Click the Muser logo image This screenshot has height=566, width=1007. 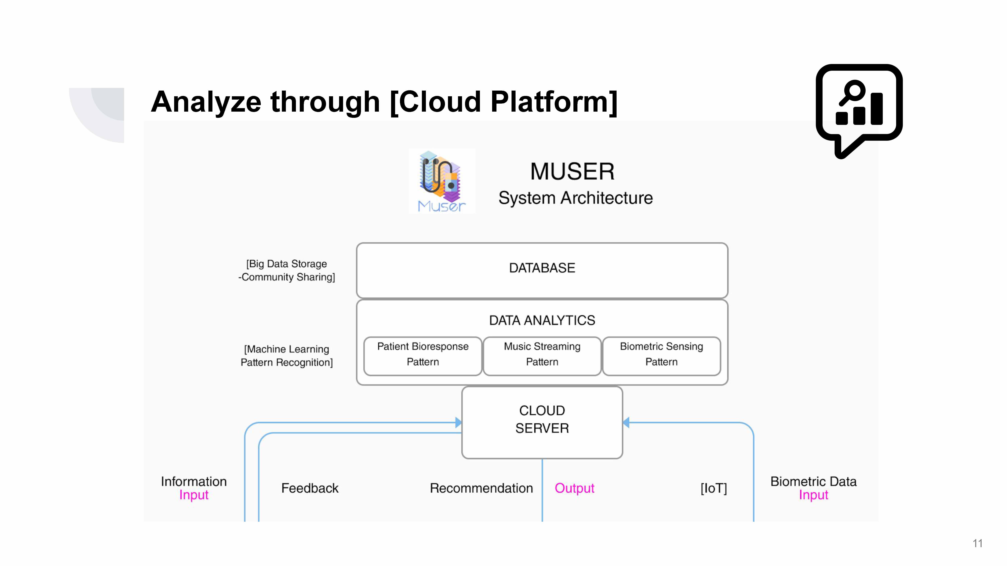click(x=442, y=181)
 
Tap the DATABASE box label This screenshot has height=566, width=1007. click(x=542, y=268)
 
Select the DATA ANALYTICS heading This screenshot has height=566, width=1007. click(x=542, y=320)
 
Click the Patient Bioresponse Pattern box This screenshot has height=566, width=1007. click(x=423, y=354)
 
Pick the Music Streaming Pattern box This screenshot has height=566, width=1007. click(x=542, y=354)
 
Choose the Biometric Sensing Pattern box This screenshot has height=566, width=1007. click(x=661, y=354)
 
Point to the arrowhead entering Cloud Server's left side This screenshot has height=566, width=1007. click(x=458, y=422)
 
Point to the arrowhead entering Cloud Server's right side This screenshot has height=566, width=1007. click(x=626, y=422)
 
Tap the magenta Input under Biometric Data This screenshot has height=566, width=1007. click(x=813, y=495)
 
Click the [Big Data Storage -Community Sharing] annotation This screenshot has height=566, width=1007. click(x=287, y=270)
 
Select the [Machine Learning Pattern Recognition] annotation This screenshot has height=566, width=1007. click(x=287, y=355)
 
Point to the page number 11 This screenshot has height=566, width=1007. click(x=977, y=543)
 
